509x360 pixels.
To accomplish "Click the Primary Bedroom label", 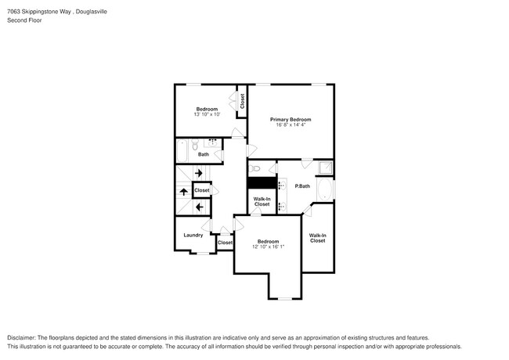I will pyautogui.click(x=291, y=119).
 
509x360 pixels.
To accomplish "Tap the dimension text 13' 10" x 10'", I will pyautogui.click(x=207, y=114).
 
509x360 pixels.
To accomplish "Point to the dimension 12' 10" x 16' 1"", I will pyautogui.click(x=268, y=247).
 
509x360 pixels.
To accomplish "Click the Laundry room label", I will pyautogui.click(x=193, y=235).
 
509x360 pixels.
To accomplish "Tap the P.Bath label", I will pyautogui.click(x=302, y=185).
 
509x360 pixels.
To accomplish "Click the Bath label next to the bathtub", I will pyautogui.click(x=203, y=154).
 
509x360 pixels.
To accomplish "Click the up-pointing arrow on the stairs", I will pyautogui.click(x=183, y=191).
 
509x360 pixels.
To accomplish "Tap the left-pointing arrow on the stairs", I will pyautogui.click(x=199, y=207).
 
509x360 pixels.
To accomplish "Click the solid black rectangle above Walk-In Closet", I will pyautogui.click(x=262, y=183).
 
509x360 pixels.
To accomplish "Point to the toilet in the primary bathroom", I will pyautogui.click(x=254, y=168).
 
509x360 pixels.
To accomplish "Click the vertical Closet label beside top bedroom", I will pyautogui.click(x=242, y=100).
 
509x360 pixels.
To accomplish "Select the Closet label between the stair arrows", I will pyautogui.click(x=202, y=190).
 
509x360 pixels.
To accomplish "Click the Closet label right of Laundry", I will pyautogui.click(x=225, y=243).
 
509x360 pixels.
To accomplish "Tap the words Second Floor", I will pyautogui.click(x=25, y=20).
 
